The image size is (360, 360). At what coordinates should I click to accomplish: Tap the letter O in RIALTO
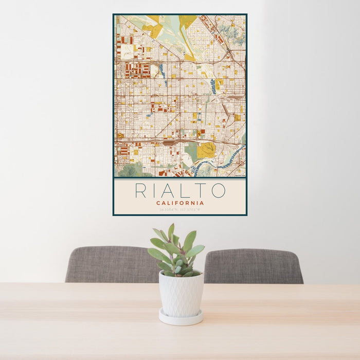(218, 190)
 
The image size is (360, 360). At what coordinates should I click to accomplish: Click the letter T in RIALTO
(200, 190)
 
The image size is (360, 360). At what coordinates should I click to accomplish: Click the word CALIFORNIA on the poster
(180, 203)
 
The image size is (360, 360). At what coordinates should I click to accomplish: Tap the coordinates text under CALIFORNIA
(180, 210)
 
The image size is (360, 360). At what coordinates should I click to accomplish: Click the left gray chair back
(111, 264)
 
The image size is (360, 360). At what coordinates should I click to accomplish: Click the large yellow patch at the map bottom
(207, 150)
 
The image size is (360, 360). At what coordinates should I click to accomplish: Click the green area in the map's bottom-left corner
(129, 170)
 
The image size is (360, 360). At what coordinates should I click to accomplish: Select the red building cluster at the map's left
(137, 70)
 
